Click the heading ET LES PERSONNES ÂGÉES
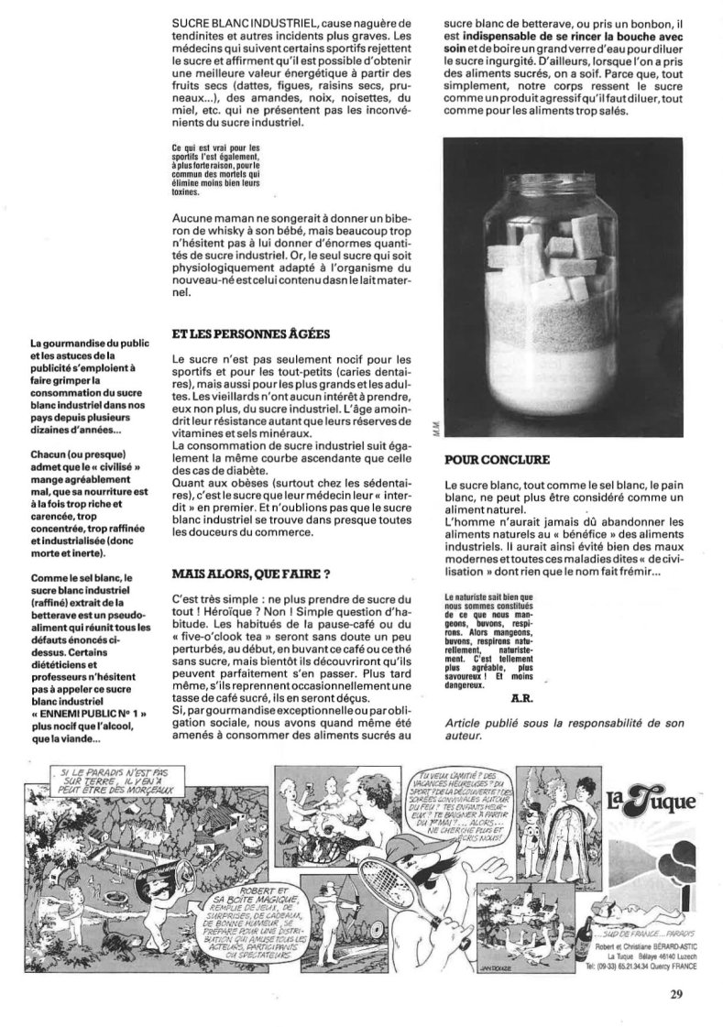[x=242, y=335]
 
